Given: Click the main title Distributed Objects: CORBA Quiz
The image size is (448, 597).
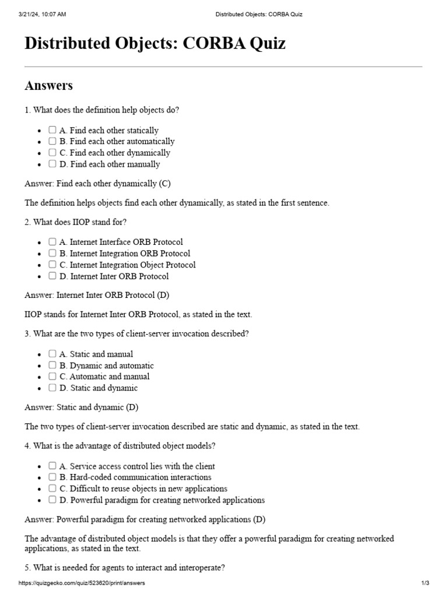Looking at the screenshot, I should coord(155,44).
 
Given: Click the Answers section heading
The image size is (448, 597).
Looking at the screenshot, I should coord(48,86).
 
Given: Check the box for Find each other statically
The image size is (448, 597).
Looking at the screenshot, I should coord(52,130).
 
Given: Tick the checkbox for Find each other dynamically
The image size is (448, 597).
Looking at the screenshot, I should coord(52,153).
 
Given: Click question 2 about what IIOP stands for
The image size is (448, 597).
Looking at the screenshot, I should coord(75,222).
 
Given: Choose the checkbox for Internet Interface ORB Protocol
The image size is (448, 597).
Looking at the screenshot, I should coord(52,242).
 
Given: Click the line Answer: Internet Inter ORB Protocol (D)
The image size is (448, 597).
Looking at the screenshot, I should coord(97,296).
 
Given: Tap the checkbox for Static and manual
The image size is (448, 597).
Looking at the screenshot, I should coord(52,354).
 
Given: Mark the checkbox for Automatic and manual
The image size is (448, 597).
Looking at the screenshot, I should coord(52,377).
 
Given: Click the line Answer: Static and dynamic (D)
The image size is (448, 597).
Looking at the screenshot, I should coord(81,408).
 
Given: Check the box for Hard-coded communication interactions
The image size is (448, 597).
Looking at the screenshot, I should coord(52,477).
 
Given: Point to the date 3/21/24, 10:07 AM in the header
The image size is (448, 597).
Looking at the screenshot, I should coord(42,14).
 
